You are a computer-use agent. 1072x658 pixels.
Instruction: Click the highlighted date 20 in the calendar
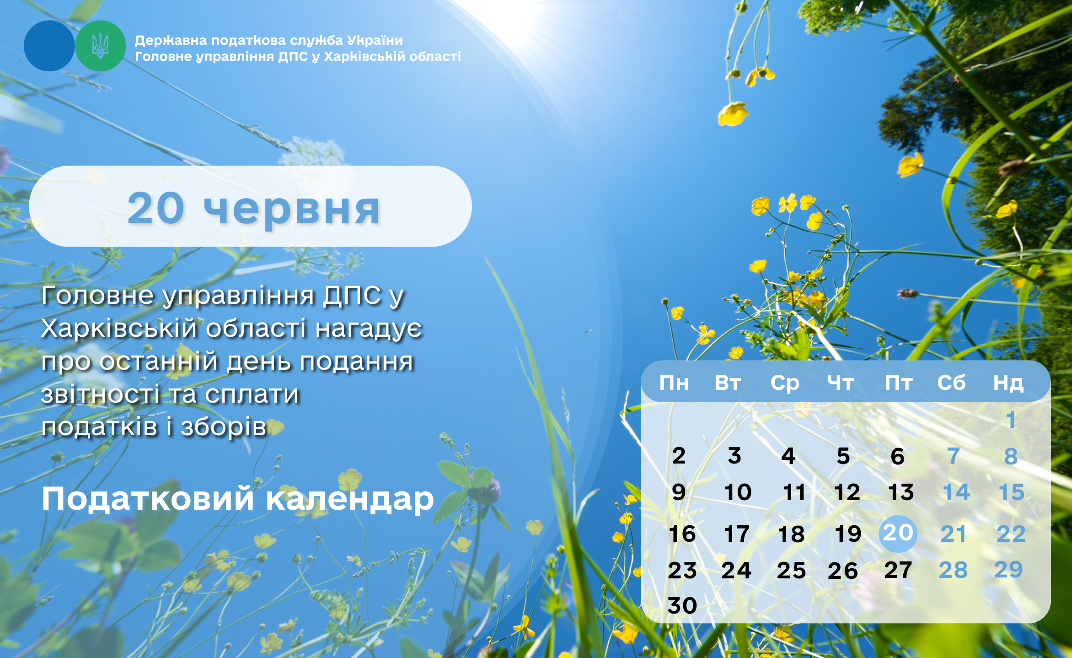pos(898,533)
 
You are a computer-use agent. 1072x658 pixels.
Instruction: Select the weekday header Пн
pos(674,383)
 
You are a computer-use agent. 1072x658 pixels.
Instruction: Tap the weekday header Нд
pos(1008,383)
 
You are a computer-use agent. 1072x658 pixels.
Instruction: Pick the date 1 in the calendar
pos(1011,420)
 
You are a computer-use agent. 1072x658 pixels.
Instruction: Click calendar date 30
pos(682,605)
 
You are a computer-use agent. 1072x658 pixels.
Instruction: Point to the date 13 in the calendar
pos(900,492)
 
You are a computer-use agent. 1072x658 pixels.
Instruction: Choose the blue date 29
pos(1008,570)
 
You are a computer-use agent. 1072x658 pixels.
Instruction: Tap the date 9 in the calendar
pos(679,492)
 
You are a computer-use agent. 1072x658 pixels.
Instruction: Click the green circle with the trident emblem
pos(100,46)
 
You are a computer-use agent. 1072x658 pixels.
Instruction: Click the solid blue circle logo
pos(49,46)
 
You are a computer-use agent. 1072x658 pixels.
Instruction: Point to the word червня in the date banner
pos(291,210)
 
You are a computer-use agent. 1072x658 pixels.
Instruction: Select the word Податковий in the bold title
pos(147,499)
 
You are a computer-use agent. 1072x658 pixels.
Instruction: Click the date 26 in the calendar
pos(842,571)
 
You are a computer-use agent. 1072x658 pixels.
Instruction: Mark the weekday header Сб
pos(951,383)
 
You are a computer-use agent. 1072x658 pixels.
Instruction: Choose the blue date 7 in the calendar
pos(954,456)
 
